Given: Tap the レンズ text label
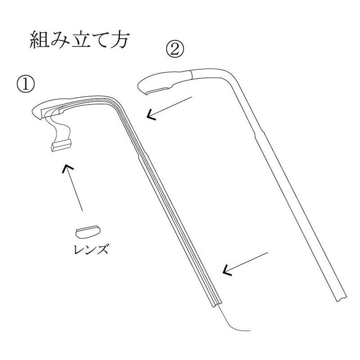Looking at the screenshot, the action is (x=91, y=248).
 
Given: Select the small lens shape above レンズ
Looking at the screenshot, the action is (x=87, y=231).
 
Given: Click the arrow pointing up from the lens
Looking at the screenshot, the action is (x=74, y=187).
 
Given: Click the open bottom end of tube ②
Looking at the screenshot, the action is (x=340, y=296).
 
